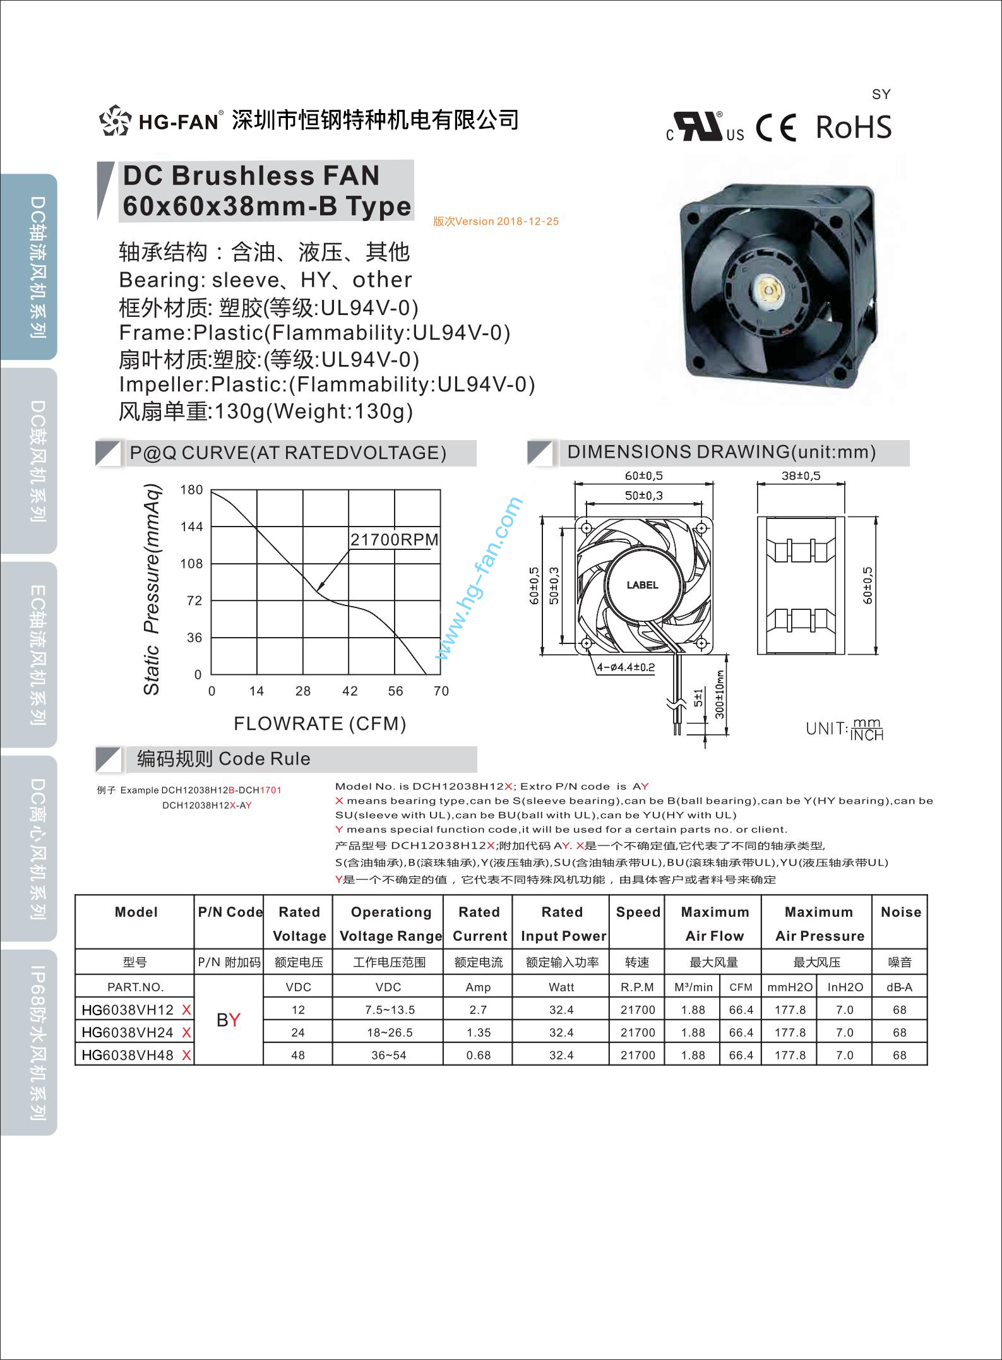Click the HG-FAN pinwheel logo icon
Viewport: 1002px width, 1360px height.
pos(115,121)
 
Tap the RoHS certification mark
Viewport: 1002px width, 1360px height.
pos(853,127)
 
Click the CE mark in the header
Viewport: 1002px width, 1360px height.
pos(776,128)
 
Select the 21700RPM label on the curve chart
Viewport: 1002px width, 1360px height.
pos(394,540)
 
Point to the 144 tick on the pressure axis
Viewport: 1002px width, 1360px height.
pos(192,527)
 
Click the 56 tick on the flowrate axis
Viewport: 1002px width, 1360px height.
pos(395,691)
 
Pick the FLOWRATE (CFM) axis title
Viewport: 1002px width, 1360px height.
pos(319,724)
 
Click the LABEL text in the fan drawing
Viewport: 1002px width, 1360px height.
pos(642,585)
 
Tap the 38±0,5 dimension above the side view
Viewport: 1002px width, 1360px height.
pos(801,476)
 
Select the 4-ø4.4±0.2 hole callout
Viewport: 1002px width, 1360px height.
pos(626,667)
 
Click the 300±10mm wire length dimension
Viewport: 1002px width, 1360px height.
pos(720,695)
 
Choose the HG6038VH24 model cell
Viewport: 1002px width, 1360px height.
pos(128,1032)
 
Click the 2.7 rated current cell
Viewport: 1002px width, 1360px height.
pos(478,1010)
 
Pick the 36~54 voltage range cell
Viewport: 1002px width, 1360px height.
pos(388,1055)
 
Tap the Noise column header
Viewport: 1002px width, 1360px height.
pos(900,912)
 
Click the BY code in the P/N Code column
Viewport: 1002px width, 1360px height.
pos(228,1020)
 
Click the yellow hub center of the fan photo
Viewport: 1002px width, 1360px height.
pos(771,289)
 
